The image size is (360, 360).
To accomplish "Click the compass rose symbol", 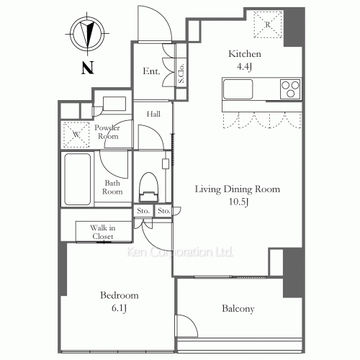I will click(86, 35).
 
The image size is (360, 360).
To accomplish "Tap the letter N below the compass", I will click(86, 69).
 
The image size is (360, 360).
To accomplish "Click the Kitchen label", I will click(244, 54).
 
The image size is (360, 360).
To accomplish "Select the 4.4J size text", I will click(244, 67).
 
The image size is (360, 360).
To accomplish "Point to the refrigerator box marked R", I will click(267, 24).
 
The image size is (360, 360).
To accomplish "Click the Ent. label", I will click(150, 71).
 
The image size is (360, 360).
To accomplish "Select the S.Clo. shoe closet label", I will click(182, 73).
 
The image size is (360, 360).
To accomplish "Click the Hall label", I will click(154, 114).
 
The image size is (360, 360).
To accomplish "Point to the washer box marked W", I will click(75, 134).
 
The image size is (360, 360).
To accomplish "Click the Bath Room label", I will click(112, 187).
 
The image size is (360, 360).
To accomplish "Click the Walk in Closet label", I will click(102, 231).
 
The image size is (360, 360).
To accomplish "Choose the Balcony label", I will click(238, 309).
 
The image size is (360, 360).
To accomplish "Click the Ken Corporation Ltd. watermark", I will click(180, 252).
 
